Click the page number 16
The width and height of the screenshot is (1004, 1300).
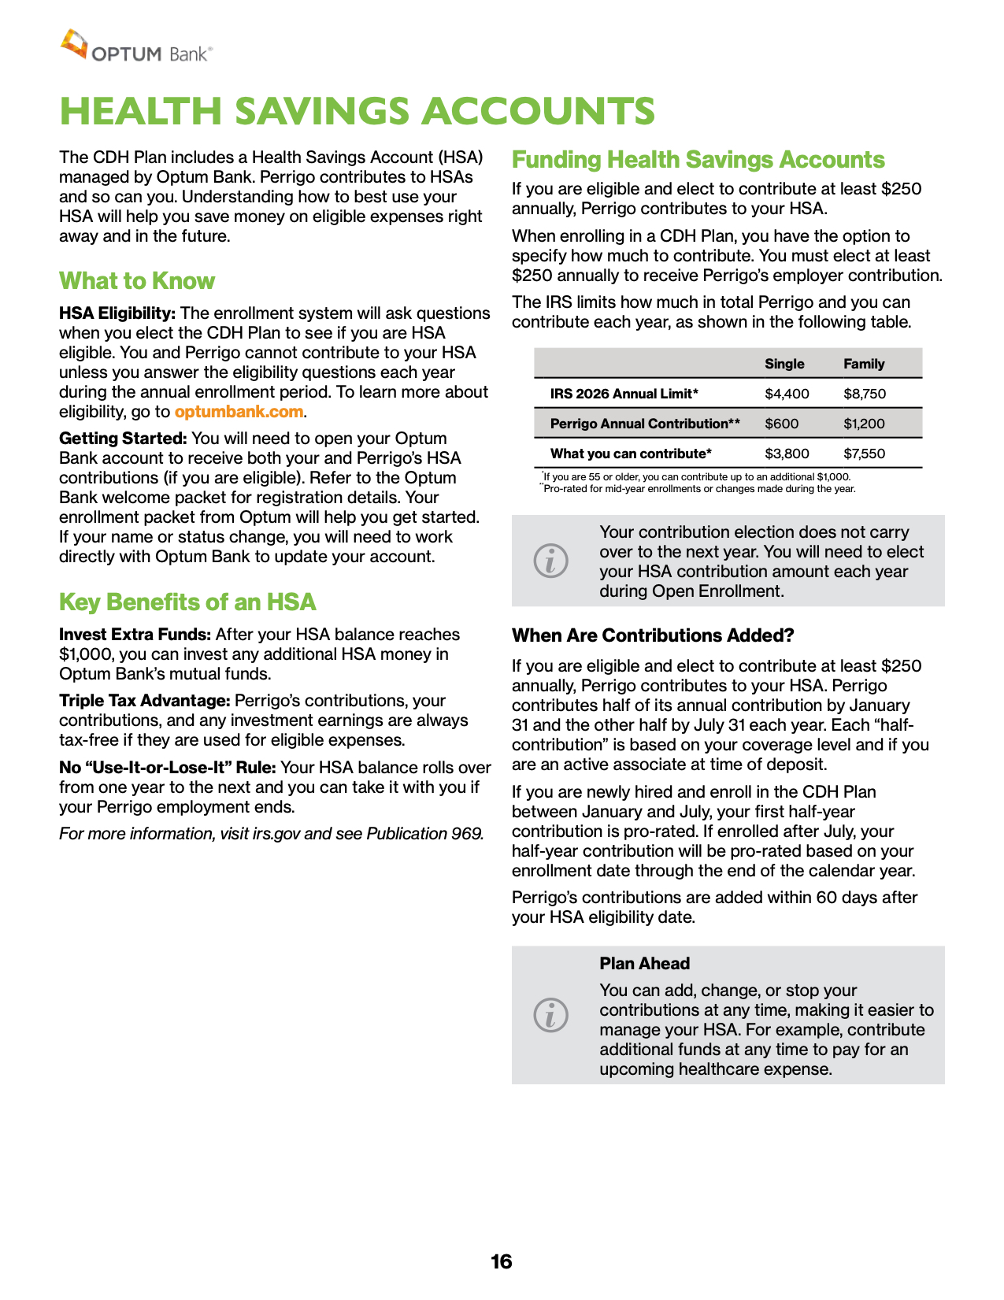(x=501, y=1261)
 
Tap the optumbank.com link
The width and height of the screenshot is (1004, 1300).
(x=239, y=412)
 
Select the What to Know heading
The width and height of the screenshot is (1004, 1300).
(x=137, y=281)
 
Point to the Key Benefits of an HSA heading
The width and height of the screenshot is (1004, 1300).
(x=187, y=602)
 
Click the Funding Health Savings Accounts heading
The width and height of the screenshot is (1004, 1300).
(x=698, y=160)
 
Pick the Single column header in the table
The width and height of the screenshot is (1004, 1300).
(x=784, y=364)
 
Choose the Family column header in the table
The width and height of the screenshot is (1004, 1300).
(x=864, y=364)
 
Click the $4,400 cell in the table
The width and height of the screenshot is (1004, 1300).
(x=787, y=394)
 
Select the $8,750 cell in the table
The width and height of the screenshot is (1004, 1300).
(x=865, y=394)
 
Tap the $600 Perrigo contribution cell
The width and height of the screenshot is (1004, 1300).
(x=782, y=424)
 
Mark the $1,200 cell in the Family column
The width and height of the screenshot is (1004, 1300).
(x=864, y=424)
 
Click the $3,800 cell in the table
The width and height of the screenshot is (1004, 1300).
(x=787, y=454)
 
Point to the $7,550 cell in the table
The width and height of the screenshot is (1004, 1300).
(x=864, y=454)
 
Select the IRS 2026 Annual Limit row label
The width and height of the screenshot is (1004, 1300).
(x=624, y=394)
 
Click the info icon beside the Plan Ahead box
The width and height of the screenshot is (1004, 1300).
(x=550, y=1015)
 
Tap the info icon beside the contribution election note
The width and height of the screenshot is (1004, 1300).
(x=550, y=561)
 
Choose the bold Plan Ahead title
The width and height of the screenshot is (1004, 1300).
(x=644, y=964)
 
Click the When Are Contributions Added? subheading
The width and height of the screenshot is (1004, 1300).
(x=653, y=635)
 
